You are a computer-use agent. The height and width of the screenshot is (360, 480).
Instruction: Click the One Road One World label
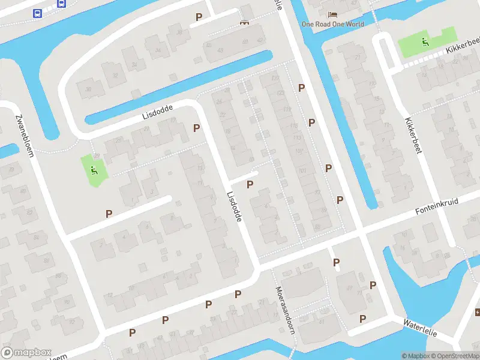point(332,25)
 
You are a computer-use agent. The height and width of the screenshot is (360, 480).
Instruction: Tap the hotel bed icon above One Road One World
point(332,14)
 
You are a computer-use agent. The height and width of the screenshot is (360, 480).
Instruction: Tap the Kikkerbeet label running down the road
point(414,135)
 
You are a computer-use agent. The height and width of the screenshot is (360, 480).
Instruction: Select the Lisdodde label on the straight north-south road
point(234,207)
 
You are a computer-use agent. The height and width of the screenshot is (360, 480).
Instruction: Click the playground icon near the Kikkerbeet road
point(425,42)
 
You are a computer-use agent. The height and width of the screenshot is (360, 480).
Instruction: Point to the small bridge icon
point(244,23)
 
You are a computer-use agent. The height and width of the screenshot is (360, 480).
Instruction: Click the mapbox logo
point(26,353)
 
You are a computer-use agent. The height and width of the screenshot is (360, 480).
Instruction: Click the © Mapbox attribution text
point(415,356)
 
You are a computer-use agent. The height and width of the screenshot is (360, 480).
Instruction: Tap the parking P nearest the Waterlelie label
point(362,318)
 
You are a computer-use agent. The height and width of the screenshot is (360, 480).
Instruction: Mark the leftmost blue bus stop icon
point(37,13)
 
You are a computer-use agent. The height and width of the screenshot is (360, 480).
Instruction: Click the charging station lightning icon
point(478,312)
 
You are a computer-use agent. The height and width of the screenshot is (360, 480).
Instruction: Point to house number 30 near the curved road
point(88,90)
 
